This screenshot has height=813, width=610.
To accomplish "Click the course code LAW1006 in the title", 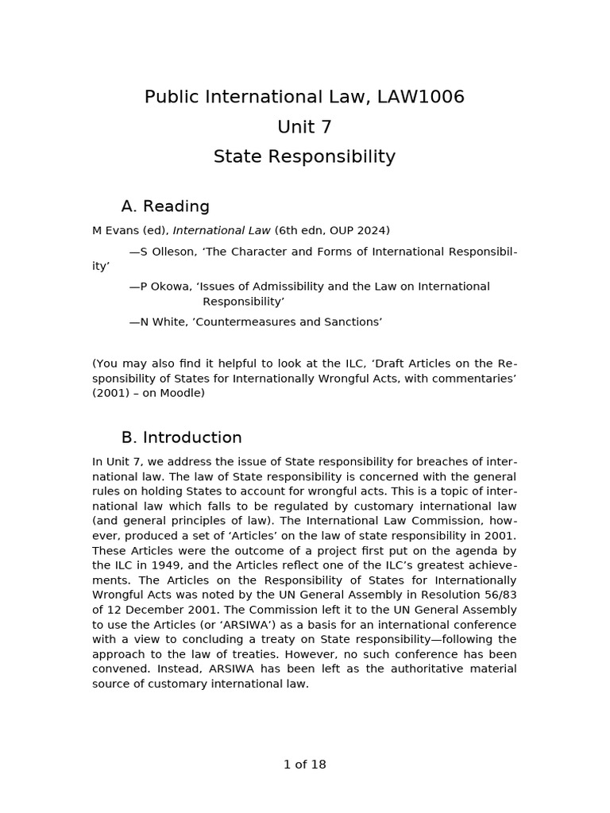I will (422, 97).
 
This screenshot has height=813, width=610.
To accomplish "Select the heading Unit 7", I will (304, 127).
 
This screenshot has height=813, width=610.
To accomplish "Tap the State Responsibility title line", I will (304, 156).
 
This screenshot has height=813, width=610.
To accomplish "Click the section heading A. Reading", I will (165, 206).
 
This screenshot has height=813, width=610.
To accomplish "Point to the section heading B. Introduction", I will (181, 437).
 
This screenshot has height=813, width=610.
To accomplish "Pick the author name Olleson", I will (172, 252).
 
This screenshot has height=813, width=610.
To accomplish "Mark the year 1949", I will (151, 565).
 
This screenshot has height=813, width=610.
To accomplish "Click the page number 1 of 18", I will (304, 765).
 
